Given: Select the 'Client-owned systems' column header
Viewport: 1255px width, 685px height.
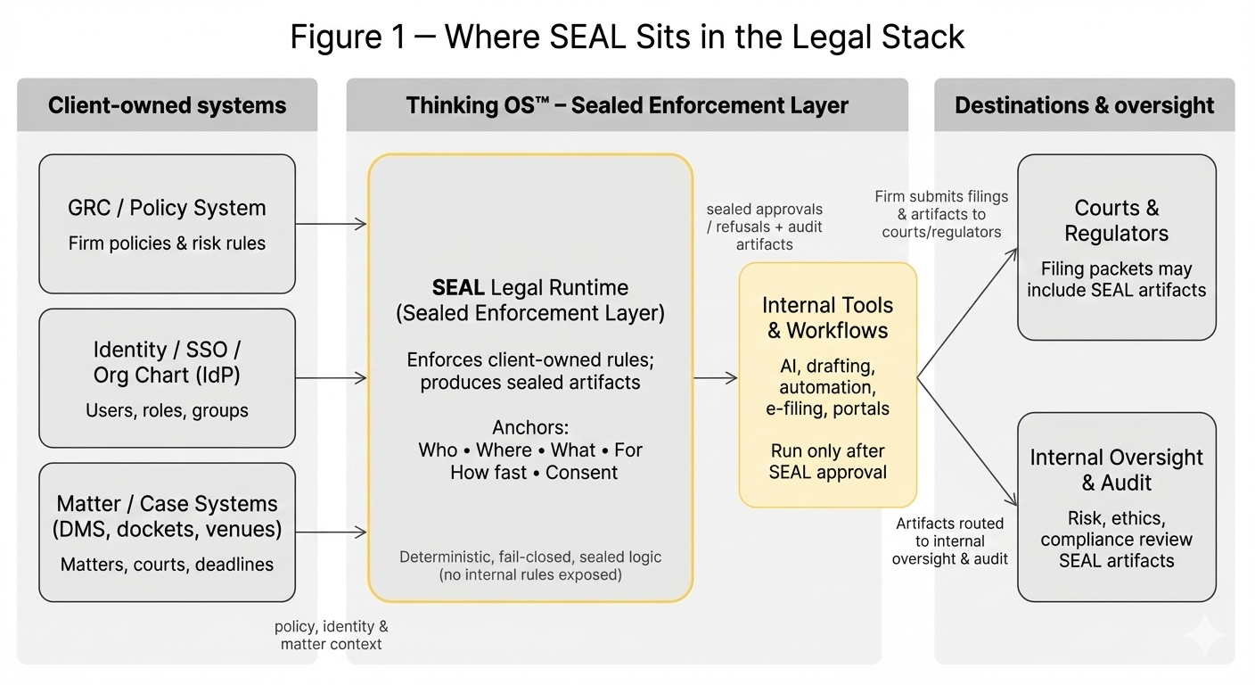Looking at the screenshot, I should click(167, 105).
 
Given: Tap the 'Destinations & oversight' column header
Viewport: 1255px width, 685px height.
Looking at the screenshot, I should click(1084, 105).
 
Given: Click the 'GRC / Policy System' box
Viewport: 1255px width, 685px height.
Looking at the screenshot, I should click(167, 224).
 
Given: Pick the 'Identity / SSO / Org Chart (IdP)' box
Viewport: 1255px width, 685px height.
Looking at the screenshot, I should click(167, 378).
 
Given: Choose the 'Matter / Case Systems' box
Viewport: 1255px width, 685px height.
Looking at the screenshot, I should click(167, 532).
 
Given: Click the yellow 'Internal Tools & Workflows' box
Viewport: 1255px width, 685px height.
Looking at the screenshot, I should click(827, 385).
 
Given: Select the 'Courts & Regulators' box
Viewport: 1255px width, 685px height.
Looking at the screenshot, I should click(1116, 247).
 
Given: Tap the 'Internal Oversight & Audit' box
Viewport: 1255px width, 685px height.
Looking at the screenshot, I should click(1116, 507).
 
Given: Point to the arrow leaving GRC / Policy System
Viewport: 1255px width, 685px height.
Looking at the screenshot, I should click(331, 224).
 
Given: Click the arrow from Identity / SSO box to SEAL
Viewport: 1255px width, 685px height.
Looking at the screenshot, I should click(331, 378).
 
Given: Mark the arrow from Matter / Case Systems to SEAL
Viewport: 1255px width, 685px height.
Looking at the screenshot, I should click(331, 532).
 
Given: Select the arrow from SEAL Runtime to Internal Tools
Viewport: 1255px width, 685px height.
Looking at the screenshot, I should click(716, 378).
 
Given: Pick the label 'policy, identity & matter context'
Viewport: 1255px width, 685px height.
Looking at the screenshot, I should click(331, 635).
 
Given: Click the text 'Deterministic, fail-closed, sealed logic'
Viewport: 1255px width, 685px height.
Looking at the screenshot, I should click(530, 557).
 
